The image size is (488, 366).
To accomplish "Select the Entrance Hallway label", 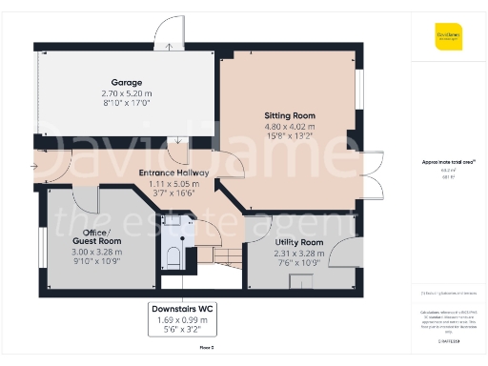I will coord(173,172).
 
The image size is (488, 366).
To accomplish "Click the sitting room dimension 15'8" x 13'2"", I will coord(289,135).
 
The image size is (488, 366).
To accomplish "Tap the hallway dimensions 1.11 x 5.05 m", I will coord(173,182).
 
